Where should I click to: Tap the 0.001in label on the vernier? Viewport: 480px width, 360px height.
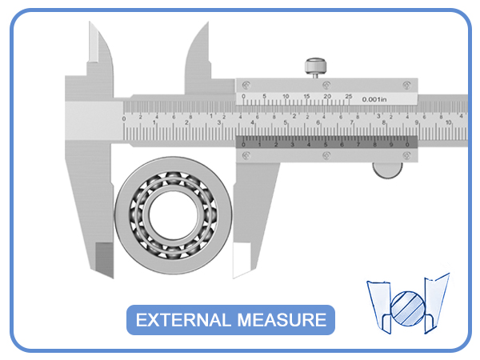tap(374, 99)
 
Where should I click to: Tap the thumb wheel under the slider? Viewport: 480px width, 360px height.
tap(389, 169)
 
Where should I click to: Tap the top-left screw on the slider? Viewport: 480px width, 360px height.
tap(246, 83)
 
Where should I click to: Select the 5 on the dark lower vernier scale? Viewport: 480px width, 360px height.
tap(325, 144)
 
